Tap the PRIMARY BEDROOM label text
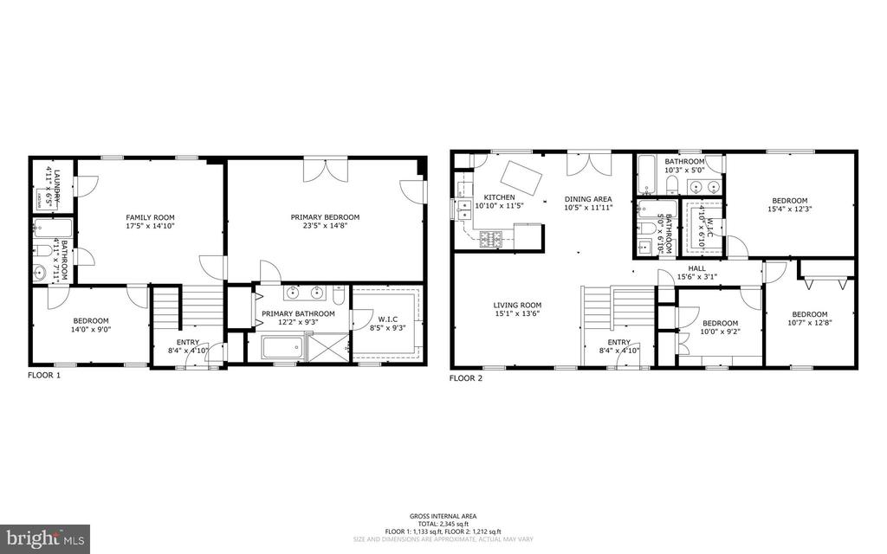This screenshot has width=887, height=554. pos(325,217)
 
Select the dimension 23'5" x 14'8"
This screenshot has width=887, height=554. pos(325,228)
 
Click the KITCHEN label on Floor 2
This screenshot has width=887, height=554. pos(499,197)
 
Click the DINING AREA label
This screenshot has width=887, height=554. pos(588,197)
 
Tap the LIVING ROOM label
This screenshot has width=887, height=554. pos(517,305)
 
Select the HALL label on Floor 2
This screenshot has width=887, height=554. pos(696,268)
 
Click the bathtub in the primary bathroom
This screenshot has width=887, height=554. pos(282,349)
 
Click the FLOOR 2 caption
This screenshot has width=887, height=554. pos(466,378)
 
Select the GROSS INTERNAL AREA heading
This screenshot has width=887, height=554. pos(443,516)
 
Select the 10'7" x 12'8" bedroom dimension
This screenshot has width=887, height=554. pos(808,324)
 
